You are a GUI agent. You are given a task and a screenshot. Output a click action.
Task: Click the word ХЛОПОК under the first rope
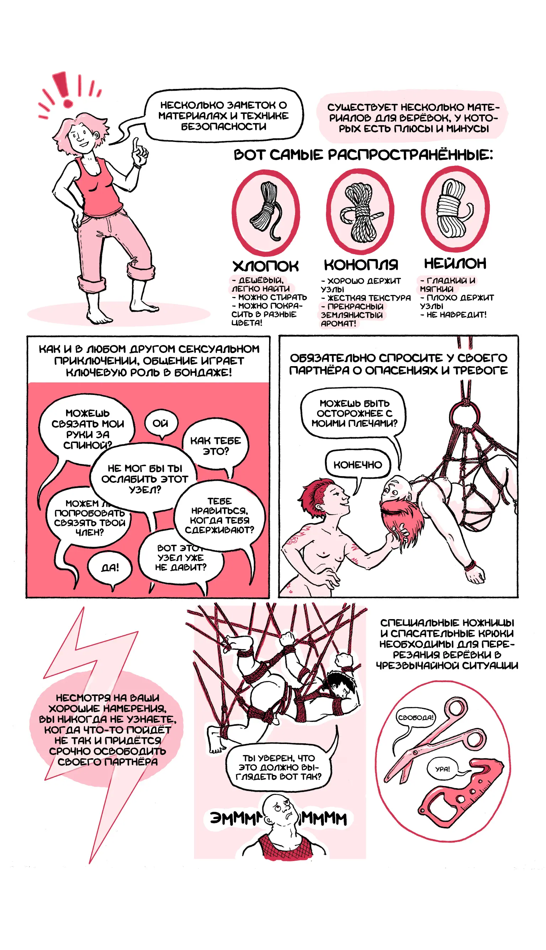pyautogui.click(x=266, y=266)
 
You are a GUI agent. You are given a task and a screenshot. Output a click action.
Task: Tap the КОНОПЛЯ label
pyautogui.click(x=361, y=265)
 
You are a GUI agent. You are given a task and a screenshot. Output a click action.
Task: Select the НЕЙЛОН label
pyautogui.click(x=455, y=264)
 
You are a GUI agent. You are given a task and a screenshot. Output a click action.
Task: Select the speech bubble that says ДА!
pyautogui.click(x=110, y=568)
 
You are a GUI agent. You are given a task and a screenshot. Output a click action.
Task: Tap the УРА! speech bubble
pyautogui.click(x=443, y=769)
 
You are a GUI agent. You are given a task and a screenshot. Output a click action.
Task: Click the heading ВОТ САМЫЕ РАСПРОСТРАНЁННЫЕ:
pyautogui.click(x=363, y=155)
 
